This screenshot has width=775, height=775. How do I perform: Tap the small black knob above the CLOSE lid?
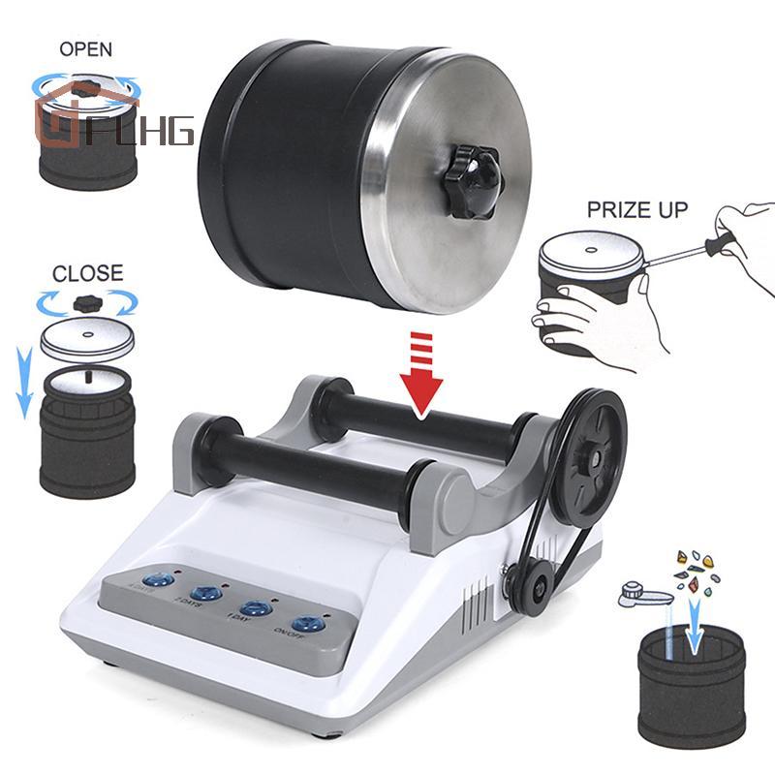[x=89, y=302]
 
